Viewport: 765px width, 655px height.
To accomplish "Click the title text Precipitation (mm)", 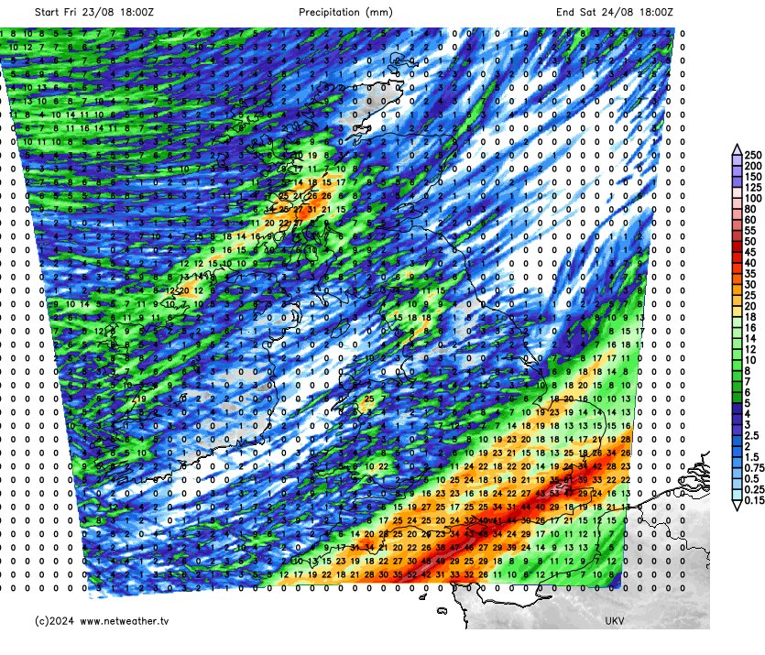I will pos(345,13).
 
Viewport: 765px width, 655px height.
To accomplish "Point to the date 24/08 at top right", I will pos(622,13).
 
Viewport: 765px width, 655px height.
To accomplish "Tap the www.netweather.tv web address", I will pos(124,621).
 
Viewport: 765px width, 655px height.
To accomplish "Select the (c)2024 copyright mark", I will pos(53,621).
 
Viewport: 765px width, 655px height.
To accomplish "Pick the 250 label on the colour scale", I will pos(753,155).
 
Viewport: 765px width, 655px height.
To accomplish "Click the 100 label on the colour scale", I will pos(753,199).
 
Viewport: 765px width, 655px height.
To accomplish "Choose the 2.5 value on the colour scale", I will pos(752,436).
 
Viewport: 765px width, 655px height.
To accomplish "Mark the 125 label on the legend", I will pos(753,188).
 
